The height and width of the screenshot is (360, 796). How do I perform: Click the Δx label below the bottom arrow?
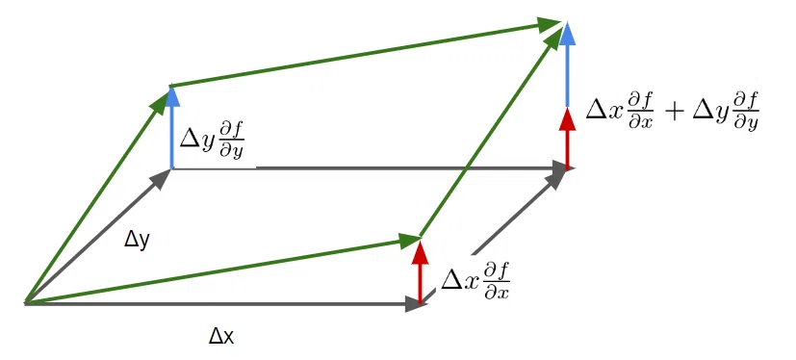(221, 337)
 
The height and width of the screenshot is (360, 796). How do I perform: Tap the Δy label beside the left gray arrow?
(137, 241)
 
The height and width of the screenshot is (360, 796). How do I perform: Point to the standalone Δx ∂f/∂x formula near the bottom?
(475, 282)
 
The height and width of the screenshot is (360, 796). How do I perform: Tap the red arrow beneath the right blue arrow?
(568, 137)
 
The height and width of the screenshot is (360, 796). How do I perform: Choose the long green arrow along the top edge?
(366, 53)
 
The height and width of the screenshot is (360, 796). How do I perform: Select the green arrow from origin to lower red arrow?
(222, 270)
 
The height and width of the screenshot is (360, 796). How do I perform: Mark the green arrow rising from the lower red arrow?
(490, 132)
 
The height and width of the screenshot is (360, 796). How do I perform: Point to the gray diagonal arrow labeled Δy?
(96, 237)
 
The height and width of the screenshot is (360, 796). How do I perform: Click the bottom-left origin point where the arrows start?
(25, 303)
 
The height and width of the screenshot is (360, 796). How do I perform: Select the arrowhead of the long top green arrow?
(550, 23)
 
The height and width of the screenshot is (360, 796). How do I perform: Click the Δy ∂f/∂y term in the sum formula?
(720, 114)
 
